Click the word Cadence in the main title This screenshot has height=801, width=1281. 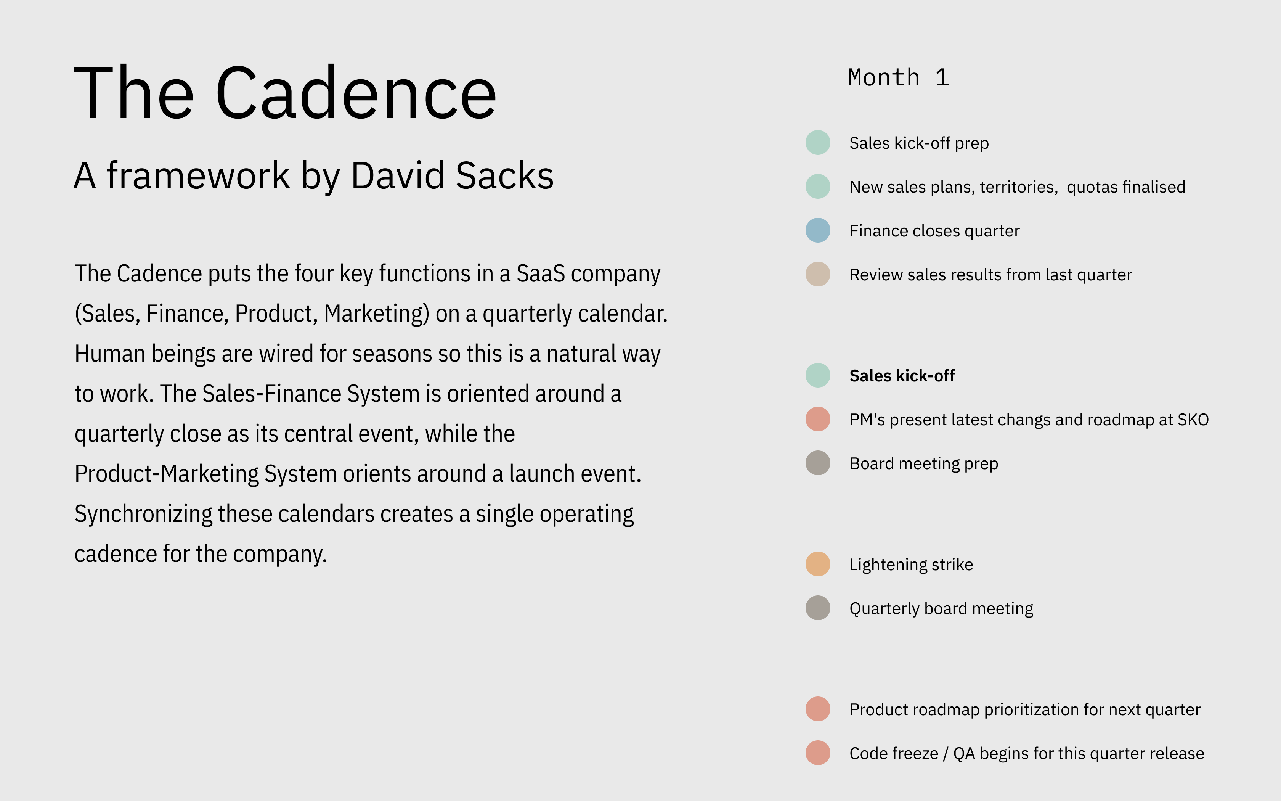[x=356, y=93]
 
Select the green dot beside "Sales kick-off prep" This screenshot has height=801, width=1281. [x=818, y=143]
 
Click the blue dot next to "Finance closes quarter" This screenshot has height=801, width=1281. [x=818, y=230]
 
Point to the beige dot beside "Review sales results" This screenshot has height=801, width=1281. [x=818, y=274]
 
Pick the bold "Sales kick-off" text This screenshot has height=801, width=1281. [x=902, y=376]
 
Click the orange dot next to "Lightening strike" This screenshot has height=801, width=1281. [x=818, y=564]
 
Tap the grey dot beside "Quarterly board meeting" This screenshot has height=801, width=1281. [x=818, y=608]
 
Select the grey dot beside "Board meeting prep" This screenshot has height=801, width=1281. [x=818, y=463]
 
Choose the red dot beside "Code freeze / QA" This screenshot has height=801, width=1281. [x=818, y=753]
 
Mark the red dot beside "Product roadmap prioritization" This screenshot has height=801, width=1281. [x=818, y=709]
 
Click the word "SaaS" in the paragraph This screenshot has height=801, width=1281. [x=541, y=273]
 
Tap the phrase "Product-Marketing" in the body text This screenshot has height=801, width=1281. [x=167, y=474]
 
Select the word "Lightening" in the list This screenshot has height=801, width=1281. [x=888, y=565]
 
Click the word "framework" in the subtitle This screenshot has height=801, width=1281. [x=199, y=175]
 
